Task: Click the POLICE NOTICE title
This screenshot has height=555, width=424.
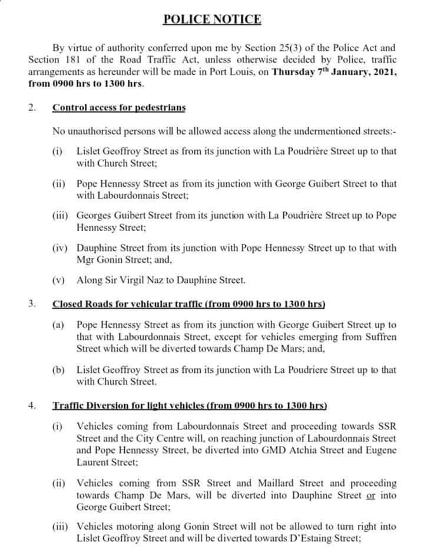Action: [x=211, y=19]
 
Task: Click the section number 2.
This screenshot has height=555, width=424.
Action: [x=32, y=108]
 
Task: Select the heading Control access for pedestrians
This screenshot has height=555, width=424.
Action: [x=118, y=108]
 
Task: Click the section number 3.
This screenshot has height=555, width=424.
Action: [x=32, y=304]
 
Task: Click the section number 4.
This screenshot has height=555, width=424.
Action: [x=32, y=405]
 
